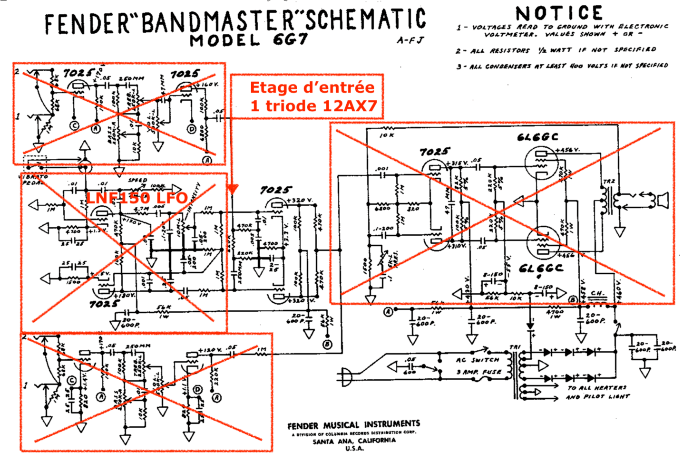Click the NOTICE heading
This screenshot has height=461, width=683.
559,13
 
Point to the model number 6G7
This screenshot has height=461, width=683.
290,39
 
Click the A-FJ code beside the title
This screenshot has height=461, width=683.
410,40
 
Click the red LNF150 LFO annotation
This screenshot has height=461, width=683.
137,197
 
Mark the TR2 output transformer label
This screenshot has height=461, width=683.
609,182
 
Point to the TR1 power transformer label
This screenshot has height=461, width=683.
515,347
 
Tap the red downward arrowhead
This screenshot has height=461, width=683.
232,190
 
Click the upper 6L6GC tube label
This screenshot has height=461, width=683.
537,137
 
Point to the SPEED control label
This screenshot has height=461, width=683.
137,180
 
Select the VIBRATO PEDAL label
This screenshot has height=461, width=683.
34,179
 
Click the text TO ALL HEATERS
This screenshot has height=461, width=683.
597,388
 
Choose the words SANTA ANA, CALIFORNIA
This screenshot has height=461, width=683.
354,441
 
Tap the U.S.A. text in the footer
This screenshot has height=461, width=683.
354,449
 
